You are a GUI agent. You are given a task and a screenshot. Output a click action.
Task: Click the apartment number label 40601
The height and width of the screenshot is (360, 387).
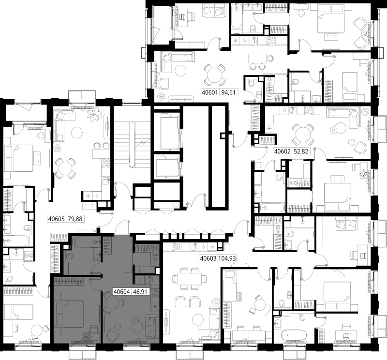pyautogui.click(x=210, y=92)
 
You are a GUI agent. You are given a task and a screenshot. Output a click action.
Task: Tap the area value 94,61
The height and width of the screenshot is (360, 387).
pyautogui.click(x=228, y=92)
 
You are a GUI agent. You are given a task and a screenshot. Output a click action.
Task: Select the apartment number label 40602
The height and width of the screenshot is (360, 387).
pyautogui.click(x=282, y=151)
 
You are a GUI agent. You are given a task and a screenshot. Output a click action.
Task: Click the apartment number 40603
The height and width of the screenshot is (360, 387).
pyautogui.click(x=208, y=258)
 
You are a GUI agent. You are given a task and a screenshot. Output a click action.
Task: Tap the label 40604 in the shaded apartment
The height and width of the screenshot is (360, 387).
pyautogui.click(x=122, y=292)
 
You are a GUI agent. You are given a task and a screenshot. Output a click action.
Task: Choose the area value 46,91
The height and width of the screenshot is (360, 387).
pyautogui.click(x=140, y=292)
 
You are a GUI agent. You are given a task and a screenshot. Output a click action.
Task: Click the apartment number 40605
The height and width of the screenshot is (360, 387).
pyautogui.click(x=57, y=219)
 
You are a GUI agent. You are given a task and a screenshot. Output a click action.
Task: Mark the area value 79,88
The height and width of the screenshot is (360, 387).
pyautogui.click(x=75, y=219)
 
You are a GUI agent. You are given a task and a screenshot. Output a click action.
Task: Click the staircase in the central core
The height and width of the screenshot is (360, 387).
pyautogui.click(x=132, y=144)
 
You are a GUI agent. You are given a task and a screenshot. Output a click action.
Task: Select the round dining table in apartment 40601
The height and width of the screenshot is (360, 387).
pyautogui.click(x=214, y=75)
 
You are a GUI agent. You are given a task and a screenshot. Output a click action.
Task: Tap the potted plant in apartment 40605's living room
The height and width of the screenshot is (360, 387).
pyautogui.click(x=94, y=114)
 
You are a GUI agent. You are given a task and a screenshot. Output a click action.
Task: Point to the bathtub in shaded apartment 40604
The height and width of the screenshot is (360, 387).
pyautogui.click(x=86, y=242)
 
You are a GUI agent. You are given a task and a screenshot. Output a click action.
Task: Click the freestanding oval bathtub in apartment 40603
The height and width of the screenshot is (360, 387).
pyautogui.click(x=294, y=335)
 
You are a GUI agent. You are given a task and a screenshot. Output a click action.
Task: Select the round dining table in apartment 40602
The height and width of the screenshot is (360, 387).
pyautogui.click(x=303, y=135)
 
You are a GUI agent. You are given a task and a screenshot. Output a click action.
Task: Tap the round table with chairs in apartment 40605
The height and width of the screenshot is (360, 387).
pyautogui.click(x=65, y=168)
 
